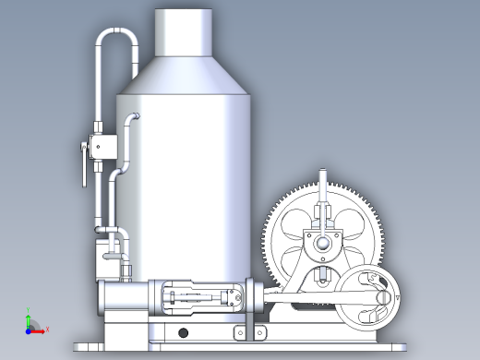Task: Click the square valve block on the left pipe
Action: click(x=101, y=146)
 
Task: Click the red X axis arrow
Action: click(x=43, y=329)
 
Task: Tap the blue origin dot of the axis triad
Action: click(x=30, y=329)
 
